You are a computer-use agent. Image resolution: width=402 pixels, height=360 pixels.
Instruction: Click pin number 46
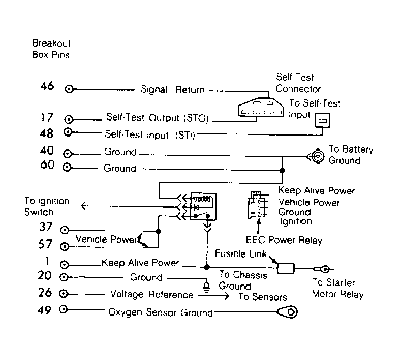(47, 86)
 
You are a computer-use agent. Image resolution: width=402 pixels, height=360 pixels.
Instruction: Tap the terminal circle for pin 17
(68, 119)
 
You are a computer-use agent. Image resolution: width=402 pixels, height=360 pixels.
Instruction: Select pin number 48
(47, 133)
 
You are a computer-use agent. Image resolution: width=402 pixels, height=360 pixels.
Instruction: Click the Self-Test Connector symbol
(261, 108)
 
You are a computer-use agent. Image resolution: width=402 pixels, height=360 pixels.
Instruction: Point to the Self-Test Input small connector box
(322, 121)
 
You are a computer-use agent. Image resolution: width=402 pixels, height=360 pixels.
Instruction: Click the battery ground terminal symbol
(318, 156)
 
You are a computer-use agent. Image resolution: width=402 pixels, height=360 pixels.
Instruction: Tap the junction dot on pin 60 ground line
(282, 170)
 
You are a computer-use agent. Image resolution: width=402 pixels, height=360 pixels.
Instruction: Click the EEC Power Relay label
(284, 240)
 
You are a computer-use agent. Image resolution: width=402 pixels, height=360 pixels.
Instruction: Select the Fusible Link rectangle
(286, 268)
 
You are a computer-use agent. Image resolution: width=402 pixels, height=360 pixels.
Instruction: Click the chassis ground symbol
(206, 287)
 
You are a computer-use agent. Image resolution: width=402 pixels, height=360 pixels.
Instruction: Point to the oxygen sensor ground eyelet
(288, 312)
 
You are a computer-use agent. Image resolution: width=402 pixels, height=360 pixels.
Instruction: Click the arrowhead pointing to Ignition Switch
(83, 205)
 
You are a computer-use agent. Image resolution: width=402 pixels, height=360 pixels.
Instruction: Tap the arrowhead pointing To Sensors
(227, 296)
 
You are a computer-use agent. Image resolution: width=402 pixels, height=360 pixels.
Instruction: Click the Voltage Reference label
(151, 294)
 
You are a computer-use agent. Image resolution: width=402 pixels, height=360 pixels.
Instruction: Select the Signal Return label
(172, 89)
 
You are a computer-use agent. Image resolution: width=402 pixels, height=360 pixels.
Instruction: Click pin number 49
(44, 310)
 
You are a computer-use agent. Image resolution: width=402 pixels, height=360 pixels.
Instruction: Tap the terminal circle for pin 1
(64, 264)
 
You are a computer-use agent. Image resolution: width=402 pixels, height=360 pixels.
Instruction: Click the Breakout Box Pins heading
(51, 49)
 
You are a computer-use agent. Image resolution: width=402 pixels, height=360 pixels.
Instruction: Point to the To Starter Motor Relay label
(337, 289)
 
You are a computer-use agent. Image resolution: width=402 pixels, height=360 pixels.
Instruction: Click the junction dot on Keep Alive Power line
(207, 267)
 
